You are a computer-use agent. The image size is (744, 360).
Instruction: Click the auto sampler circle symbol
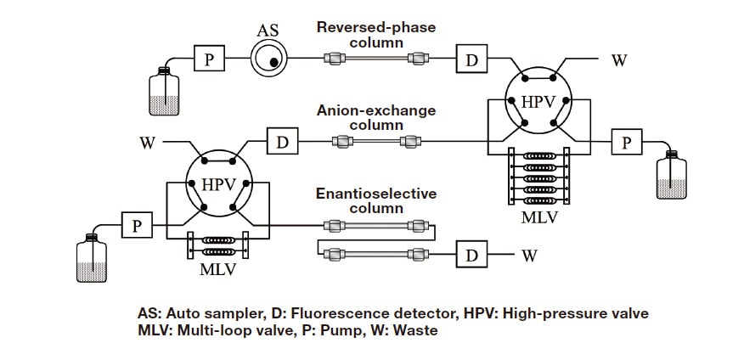click(268, 59)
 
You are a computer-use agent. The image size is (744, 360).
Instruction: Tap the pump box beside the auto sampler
click(209, 59)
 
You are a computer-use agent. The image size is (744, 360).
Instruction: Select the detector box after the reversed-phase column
click(471, 59)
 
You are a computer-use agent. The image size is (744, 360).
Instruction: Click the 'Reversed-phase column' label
click(375, 34)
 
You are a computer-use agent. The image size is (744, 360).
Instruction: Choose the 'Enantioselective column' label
click(376, 200)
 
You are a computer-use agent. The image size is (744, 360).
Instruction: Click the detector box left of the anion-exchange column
click(281, 141)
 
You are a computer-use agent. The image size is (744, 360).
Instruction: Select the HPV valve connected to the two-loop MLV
click(219, 184)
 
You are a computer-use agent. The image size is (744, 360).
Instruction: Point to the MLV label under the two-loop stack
click(217, 270)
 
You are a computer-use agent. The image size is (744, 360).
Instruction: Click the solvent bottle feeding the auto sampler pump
click(165, 90)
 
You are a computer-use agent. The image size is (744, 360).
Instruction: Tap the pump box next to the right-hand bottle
click(627, 142)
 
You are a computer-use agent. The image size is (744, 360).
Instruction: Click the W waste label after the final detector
click(529, 254)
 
